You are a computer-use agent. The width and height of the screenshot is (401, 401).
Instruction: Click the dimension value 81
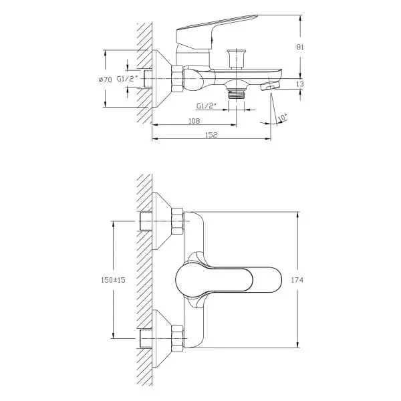coord(300,47)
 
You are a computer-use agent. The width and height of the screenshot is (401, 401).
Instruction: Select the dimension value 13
coord(300,84)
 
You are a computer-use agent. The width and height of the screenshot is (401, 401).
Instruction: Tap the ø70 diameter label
coord(106,80)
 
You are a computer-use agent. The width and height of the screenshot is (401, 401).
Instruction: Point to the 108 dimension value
coord(194,121)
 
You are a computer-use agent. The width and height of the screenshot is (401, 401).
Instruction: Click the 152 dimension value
coord(211,135)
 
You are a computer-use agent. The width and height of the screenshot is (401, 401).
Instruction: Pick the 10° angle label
coord(282,118)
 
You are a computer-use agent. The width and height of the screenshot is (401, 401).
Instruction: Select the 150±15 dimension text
coord(113,280)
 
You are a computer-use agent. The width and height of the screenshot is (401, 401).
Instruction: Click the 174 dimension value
coord(297,280)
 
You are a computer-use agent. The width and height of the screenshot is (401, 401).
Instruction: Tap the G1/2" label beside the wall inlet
coord(128,79)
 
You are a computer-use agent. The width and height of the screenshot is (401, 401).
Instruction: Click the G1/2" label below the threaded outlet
coord(207,106)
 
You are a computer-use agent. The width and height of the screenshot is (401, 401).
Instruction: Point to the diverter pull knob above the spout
coord(237,59)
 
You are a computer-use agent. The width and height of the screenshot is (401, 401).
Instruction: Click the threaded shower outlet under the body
coord(237,93)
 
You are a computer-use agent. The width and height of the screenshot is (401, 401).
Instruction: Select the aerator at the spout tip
coord(269,86)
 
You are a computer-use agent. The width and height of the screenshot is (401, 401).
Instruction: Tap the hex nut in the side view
coord(178,79)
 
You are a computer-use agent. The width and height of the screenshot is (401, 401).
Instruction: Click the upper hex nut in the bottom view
coord(178,221)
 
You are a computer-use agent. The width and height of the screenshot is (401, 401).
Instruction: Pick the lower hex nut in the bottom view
coord(178,338)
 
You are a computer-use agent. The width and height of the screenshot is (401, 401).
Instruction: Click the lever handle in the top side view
coord(217,32)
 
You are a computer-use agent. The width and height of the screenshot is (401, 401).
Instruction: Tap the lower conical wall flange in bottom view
coord(162,338)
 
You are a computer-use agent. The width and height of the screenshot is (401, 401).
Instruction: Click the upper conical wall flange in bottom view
coord(162,221)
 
